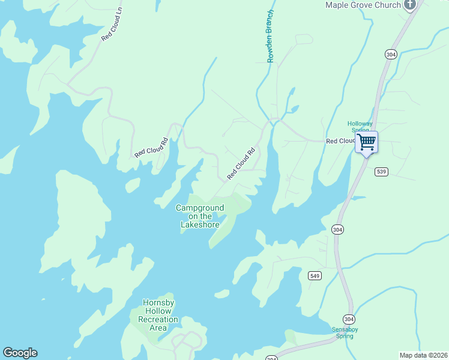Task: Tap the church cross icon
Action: point(410,5)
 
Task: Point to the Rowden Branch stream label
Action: point(271,36)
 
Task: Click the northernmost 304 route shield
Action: point(391,55)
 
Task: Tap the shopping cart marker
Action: point(366,143)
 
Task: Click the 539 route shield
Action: point(382,172)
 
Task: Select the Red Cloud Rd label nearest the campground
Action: point(241,164)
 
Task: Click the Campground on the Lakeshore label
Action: point(200,216)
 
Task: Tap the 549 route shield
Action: point(315,275)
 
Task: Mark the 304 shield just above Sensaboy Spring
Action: point(349,318)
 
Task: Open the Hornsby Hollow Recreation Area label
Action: point(158,316)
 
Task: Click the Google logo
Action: point(20,353)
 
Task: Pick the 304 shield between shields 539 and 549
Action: point(337,229)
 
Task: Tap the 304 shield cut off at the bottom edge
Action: point(272,358)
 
